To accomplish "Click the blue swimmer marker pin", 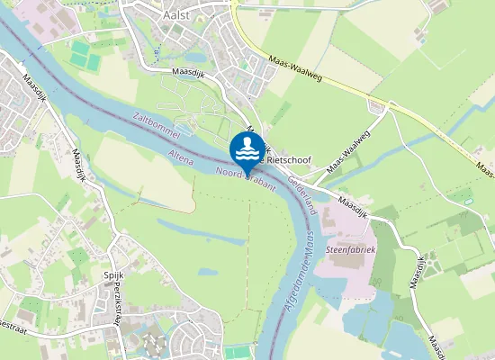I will coord(247,149).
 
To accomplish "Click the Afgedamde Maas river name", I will coord(296,269).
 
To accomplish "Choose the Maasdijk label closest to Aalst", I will coord(192,73).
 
